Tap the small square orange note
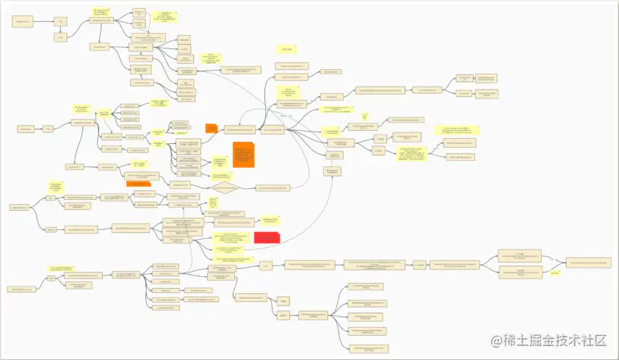click(x=211, y=129)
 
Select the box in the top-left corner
click(x=23, y=23)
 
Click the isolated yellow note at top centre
click(x=285, y=49)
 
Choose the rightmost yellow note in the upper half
click(x=457, y=129)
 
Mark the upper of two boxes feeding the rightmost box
click(x=520, y=256)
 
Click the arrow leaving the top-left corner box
click(x=45, y=23)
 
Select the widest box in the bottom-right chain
click(x=374, y=264)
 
